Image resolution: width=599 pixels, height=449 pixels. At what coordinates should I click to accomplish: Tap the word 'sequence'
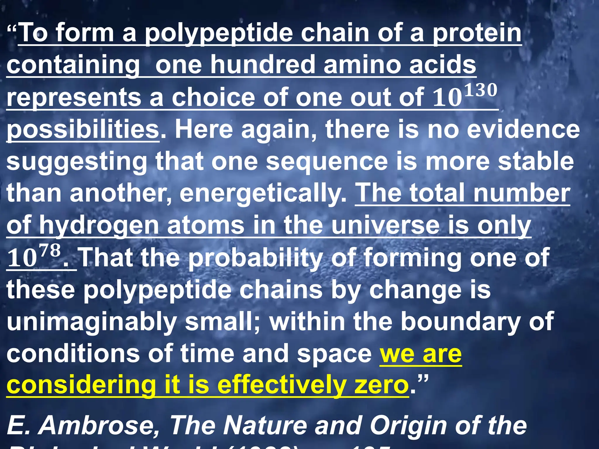coord(327,162)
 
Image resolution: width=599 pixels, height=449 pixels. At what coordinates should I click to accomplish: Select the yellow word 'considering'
coord(81,385)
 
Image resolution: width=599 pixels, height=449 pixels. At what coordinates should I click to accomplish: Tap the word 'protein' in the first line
coord(477,33)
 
